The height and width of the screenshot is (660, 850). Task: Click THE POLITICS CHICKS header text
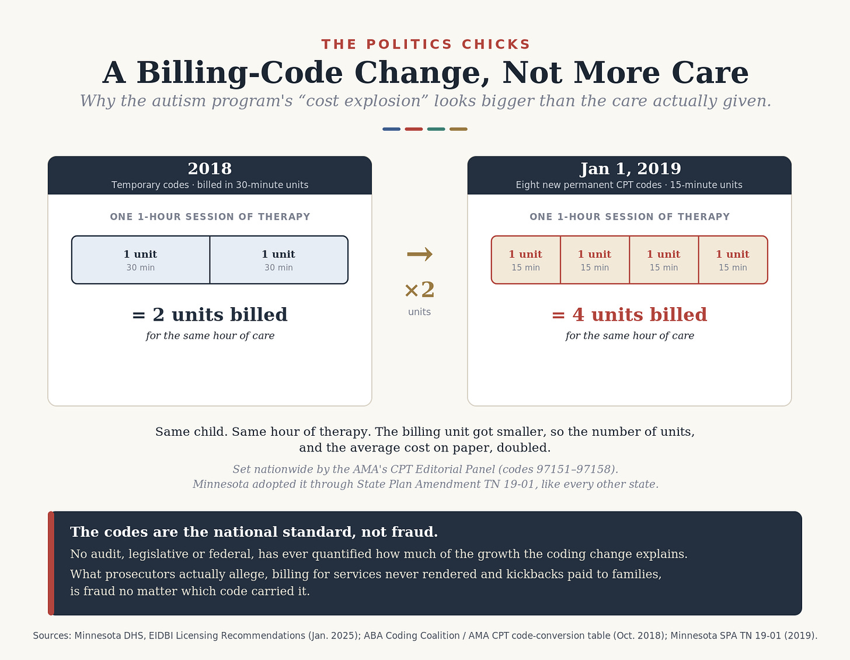425,44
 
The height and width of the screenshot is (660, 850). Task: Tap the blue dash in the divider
391,128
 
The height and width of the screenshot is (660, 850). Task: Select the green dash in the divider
436,128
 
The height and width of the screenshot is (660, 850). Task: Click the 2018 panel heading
210,169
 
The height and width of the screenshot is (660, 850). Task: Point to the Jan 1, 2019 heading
630,169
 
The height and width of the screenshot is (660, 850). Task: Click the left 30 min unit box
141,260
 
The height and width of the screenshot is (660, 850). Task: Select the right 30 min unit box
279,260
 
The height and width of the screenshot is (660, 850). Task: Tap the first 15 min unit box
526,260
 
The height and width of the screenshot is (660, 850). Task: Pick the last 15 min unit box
733,260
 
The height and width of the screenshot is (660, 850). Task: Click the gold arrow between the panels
419,254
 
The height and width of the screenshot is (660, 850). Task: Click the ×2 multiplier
419,290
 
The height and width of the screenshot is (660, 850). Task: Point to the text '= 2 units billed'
210,315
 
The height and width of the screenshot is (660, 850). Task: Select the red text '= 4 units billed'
629,315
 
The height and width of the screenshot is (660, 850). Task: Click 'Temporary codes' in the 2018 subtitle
150,185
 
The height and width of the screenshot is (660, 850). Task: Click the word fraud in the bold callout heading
414,532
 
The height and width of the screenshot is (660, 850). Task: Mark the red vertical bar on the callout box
51,563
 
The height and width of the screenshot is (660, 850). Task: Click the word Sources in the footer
52,635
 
